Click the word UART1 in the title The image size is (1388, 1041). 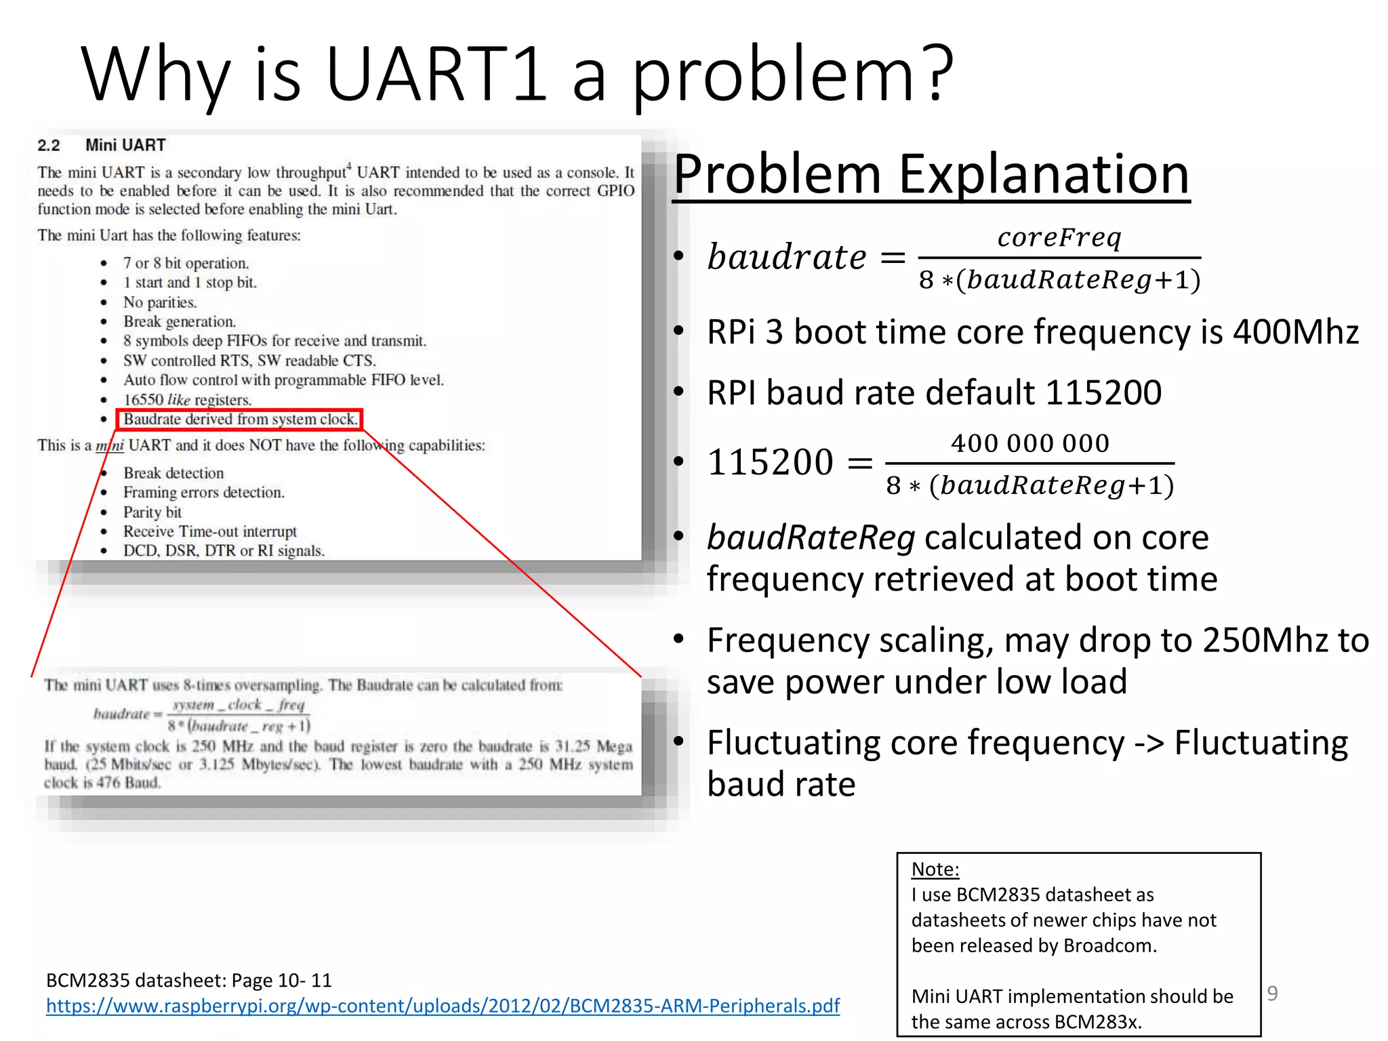point(436,73)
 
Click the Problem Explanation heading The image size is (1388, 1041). point(931,174)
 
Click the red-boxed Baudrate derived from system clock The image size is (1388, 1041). point(240,420)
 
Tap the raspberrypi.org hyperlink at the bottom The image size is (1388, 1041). point(443,1006)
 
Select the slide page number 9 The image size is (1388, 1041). point(1272,994)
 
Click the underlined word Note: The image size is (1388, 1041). point(935,870)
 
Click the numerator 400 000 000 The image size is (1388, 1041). point(1029,443)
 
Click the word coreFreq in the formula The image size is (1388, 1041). point(1059,237)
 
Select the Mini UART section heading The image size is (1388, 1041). point(125,145)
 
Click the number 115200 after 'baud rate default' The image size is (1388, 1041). point(1103,393)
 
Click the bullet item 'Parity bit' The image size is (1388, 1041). point(152,512)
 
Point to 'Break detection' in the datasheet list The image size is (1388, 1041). point(173,473)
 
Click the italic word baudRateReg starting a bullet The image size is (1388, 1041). point(811,537)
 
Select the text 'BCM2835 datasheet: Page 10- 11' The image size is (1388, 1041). point(188,981)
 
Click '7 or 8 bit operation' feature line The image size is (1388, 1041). point(186,263)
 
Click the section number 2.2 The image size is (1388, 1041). point(49,146)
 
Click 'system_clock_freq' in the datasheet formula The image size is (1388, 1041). point(239,706)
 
